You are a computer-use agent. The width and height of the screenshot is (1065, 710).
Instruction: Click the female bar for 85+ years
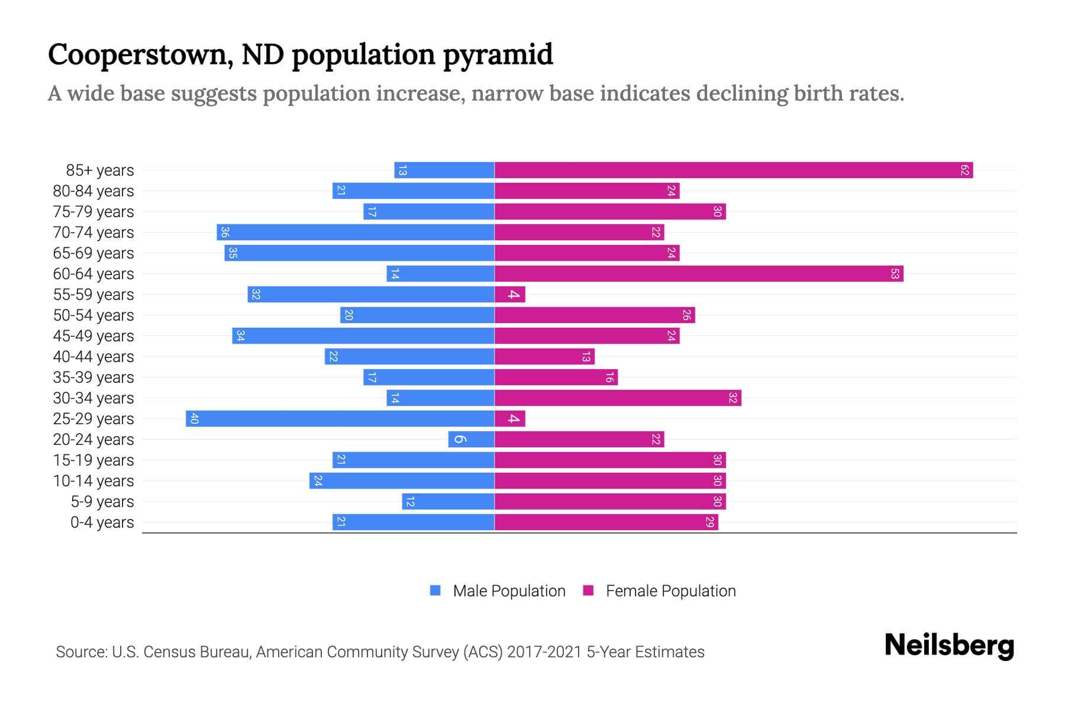[734, 170]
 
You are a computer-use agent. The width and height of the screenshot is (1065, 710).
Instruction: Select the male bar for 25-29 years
[340, 419]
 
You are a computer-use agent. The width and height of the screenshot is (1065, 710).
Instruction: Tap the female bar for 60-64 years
[698, 274]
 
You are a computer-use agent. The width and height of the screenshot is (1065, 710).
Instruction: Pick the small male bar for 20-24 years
[471, 440]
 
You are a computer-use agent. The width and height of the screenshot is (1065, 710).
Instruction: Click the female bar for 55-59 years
[509, 295]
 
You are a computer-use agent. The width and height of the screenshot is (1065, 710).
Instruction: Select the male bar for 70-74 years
[355, 233]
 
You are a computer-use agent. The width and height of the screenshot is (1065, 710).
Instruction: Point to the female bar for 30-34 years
[618, 398]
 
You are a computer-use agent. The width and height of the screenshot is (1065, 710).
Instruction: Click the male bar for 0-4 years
[413, 522]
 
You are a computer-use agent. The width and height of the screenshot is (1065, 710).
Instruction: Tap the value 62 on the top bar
[964, 170]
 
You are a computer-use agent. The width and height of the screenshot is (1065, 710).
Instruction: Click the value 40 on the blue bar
[194, 419]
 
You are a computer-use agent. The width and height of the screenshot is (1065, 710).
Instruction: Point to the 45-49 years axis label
[93, 336]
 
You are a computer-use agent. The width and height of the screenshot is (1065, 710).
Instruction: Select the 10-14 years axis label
[93, 481]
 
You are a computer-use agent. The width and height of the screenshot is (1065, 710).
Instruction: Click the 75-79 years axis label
[93, 212]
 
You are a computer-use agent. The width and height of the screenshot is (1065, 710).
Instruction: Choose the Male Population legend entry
[508, 591]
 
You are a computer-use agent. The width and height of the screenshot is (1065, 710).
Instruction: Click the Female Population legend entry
[670, 591]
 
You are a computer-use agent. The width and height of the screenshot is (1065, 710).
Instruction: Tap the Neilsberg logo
[949, 646]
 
